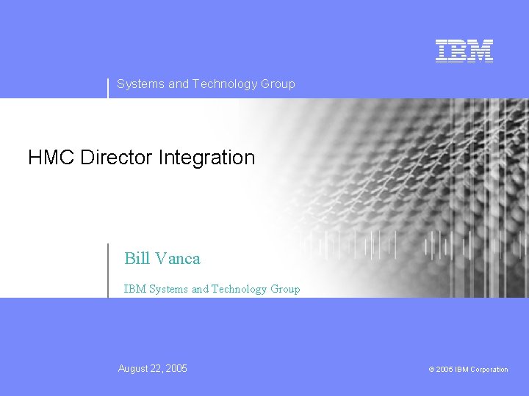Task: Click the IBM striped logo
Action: [x=464, y=51]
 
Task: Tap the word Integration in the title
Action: [x=209, y=158]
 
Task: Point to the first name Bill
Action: [x=137, y=258]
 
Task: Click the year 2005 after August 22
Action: [x=176, y=369]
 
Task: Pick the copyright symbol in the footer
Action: [x=431, y=370]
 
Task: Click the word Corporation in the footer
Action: [x=489, y=370]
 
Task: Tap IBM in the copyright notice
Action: [x=461, y=370]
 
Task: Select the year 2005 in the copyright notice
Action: [x=444, y=370]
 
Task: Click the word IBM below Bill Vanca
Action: [x=134, y=289]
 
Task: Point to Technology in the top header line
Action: [x=225, y=84]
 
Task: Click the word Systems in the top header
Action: [x=141, y=84]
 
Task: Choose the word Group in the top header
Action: [x=278, y=84]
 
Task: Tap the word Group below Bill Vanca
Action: [x=285, y=289]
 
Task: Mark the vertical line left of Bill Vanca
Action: [x=108, y=270]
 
